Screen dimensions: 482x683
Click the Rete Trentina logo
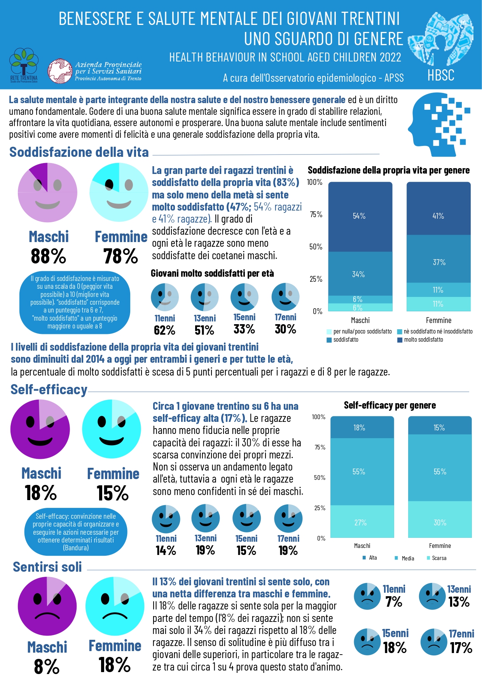(x=24, y=65)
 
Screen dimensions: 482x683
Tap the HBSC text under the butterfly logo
(x=441, y=75)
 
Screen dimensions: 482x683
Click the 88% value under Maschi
(x=49, y=256)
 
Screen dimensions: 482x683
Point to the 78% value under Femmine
(x=120, y=256)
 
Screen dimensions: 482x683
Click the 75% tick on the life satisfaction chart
(x=316, y=214)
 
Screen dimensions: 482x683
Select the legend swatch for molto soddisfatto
(x=400, y=340)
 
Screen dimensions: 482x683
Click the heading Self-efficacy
(x=49, y=390)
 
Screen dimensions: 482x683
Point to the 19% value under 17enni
(x=288, y=551)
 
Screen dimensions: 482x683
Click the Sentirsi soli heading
(x=47, y=567)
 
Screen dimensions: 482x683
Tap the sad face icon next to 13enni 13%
(x=432, y=596)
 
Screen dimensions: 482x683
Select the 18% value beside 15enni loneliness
(x=395, y=648)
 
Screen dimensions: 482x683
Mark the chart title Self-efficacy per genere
(x=390, y=406)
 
